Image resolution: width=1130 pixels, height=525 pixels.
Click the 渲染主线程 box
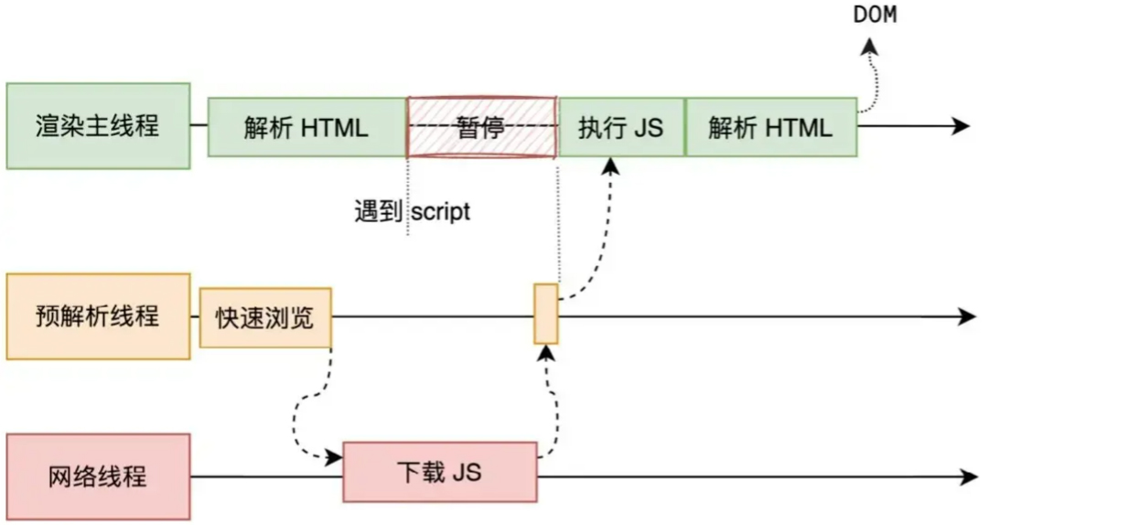(x=98, y=126)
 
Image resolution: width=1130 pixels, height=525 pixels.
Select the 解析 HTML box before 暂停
(x=307, y=127)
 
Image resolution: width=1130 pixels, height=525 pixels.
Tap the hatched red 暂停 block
(x=481, y=127)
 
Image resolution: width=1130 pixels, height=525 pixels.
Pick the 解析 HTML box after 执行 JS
(x=770, y=127)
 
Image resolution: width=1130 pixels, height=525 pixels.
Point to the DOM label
(x=875, y=16)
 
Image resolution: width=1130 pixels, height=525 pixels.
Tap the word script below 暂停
(x=440, y=212)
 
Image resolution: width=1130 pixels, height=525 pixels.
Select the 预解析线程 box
(x=98, y=316)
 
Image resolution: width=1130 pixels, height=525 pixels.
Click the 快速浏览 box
(x=265, y=317)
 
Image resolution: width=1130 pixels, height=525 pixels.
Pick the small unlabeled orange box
(x=545, y=314)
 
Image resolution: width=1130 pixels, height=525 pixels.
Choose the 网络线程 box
(x=98, y=477)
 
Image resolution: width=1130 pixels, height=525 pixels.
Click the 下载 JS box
(x=439, y=472)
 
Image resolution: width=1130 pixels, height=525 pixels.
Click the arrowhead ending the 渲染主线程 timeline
(x=960, y=126)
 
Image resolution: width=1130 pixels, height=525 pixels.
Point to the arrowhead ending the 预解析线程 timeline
(x=967, y=316)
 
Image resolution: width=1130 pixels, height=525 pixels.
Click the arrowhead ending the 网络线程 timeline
(x=968, y=477)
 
